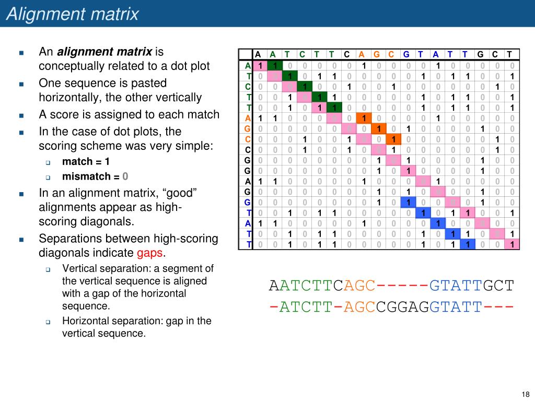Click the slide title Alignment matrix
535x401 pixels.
73,14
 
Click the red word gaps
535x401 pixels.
150,253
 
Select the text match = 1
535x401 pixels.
86,161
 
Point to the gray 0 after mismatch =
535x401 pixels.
125,176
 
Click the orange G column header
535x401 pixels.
377,55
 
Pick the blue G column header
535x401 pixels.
406,55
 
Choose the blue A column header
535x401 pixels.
436,55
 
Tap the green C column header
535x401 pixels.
303,55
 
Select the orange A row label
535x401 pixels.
248,119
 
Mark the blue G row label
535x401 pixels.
248,202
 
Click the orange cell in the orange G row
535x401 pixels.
377,128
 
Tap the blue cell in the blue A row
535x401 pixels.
436,223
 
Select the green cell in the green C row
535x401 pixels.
303,86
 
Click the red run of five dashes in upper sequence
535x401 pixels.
402,286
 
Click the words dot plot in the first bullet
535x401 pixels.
189,66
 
